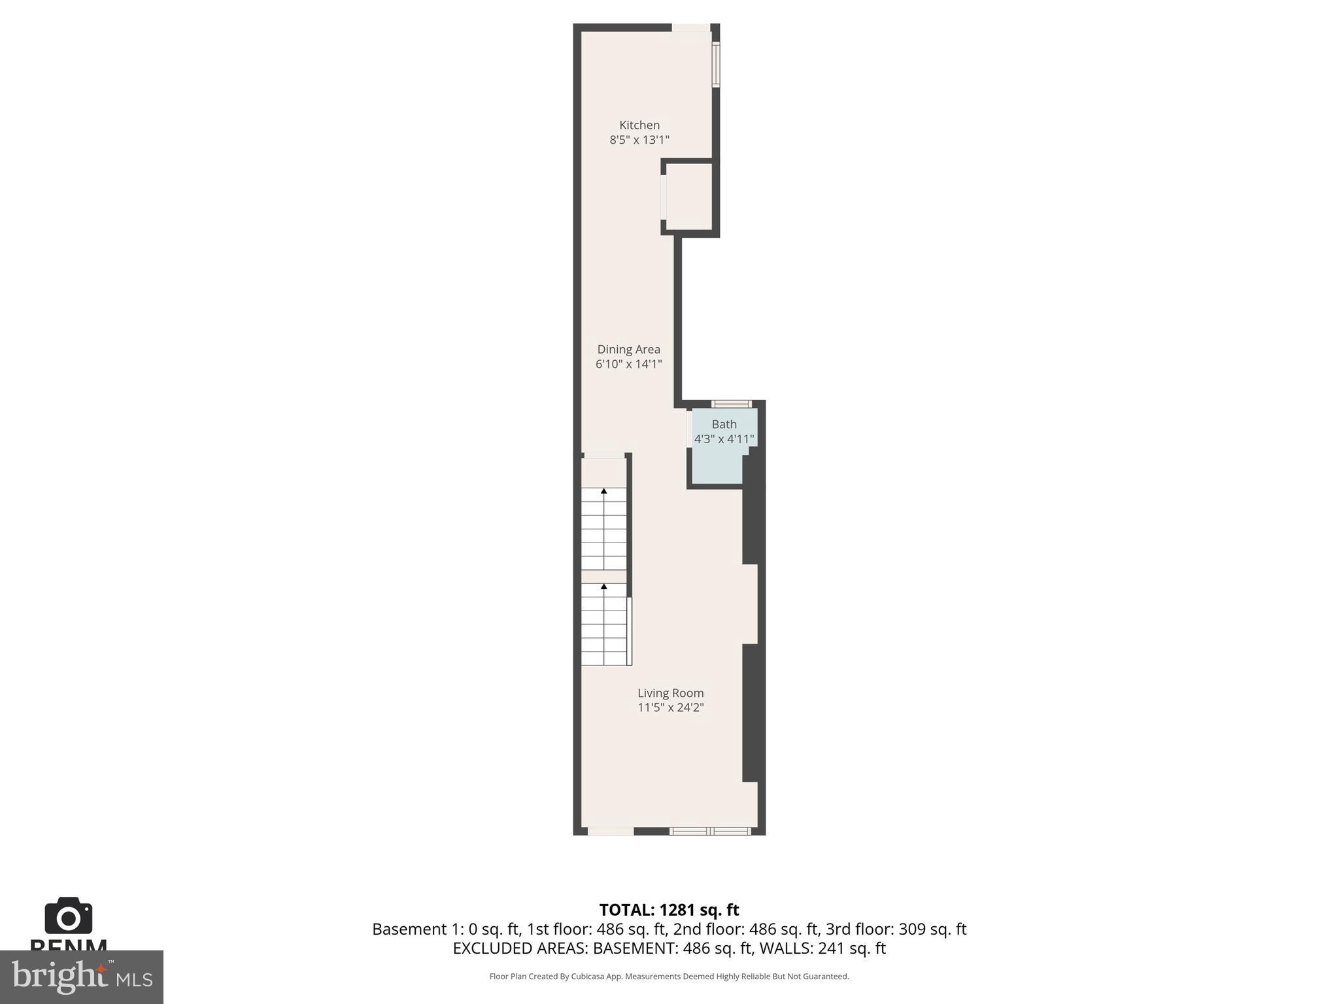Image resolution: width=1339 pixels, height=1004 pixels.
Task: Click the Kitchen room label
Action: click(639, 125)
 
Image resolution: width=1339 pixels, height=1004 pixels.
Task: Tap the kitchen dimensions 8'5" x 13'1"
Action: click(639, 140)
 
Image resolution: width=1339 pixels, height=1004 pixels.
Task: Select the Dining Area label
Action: click(628, 349)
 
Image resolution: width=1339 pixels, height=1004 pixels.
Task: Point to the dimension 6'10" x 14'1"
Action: click(628, 364)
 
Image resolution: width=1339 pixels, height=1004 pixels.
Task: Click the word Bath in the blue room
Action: click(724, 424)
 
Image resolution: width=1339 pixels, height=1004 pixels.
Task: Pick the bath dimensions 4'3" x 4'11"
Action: click(724, 439)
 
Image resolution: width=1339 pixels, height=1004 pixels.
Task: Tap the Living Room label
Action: click(670, 693)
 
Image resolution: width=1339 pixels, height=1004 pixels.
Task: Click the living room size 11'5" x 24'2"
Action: click(670, 707)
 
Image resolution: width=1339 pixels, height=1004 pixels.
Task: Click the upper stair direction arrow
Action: click(603, 491)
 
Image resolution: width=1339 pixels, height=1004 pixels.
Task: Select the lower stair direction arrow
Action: click(603, 587)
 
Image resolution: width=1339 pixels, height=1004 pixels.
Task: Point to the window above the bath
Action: click(732, 404)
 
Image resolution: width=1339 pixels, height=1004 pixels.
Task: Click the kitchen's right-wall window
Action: click(716, 64)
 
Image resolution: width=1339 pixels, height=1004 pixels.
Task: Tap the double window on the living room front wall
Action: click(710, 831)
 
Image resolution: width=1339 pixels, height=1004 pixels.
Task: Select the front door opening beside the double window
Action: click(610, 831)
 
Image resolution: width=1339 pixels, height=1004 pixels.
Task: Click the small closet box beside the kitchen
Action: click(688, 197)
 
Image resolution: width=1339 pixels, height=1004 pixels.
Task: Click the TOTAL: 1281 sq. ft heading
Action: click(669, 910)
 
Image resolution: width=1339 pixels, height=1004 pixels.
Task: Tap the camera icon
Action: click(68, 916)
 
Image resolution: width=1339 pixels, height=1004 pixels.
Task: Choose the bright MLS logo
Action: click(81, 977)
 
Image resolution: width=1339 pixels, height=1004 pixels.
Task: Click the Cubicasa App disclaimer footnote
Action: click(669, 977)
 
